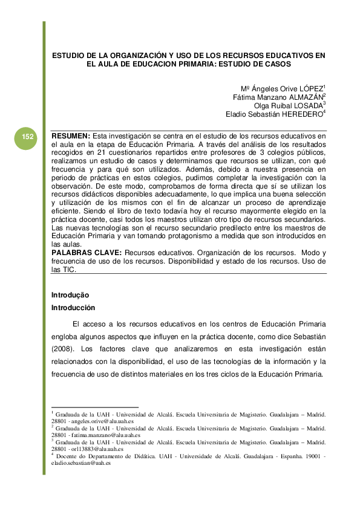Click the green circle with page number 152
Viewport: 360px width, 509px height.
[27, 138]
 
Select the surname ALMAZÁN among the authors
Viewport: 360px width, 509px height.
[306, 96]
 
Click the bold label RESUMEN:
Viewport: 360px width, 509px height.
[71, 135]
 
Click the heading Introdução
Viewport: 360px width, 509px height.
[70, 295]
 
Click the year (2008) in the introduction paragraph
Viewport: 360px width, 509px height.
[65, 349]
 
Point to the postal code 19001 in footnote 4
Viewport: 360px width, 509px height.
[312, 456]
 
